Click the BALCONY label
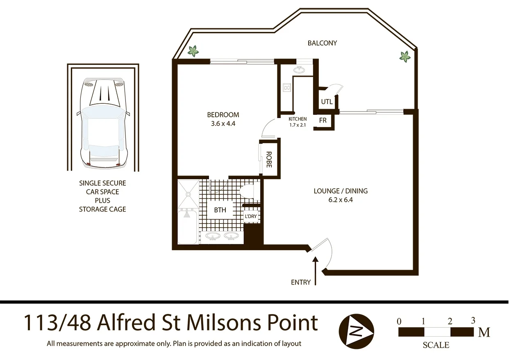[x=322, y=43]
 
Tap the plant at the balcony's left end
[x=193, y=51]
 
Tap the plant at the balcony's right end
[x=405, y=56]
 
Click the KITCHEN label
[x=298, y=119]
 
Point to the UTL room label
[x=327, y=102]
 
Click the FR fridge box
[x=323, y=121]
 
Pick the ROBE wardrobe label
[x=269, y=159]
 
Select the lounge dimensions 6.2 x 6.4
[x=341, y=200]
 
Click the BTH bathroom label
[x=220, y=210]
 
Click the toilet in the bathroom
[x=248, y=191]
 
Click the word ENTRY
[x=301, y=283]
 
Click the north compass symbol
[x=357, y=330]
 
